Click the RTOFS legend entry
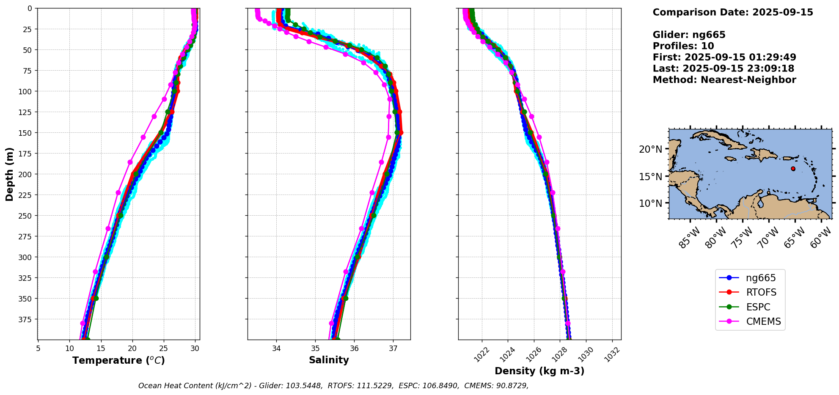point(761,293)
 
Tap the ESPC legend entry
point(758,307)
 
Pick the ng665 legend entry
point(760,278)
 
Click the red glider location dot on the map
point(793,169)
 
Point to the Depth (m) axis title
point(10,174)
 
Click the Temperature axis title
point(118,361)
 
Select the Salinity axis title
point(329,360)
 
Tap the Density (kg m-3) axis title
point(539,371)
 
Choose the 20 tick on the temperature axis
point(132,348)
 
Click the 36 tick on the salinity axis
point(354,348)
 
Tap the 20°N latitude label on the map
point(650,149)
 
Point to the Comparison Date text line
point(733,12)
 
